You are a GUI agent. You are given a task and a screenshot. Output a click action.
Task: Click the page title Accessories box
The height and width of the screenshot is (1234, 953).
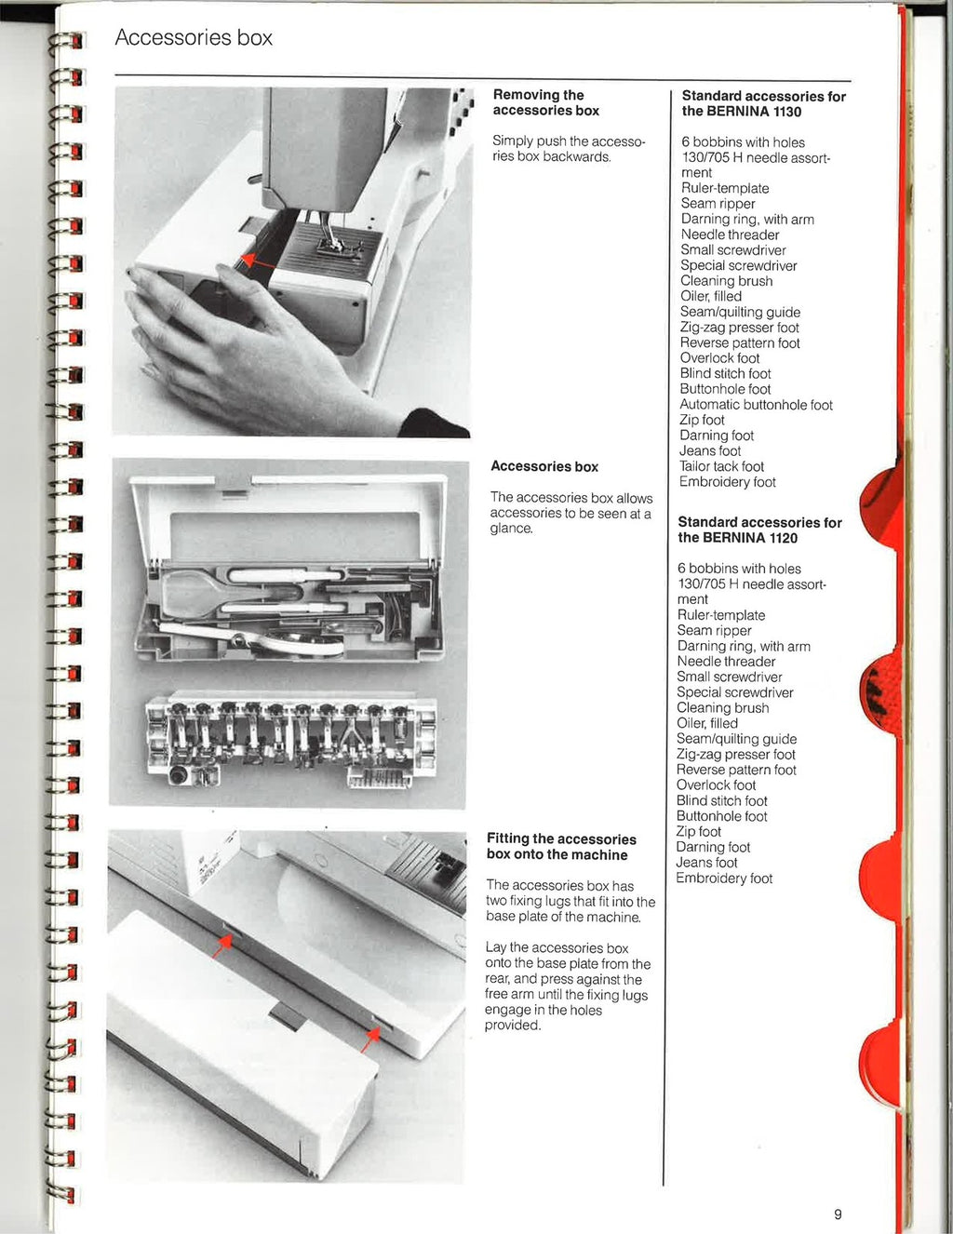tap(194, 38)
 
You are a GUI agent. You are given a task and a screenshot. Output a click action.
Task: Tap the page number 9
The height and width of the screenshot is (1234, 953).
tap(838, 1214)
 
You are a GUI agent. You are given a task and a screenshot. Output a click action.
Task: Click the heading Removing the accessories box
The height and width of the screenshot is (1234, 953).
tap(545, 102)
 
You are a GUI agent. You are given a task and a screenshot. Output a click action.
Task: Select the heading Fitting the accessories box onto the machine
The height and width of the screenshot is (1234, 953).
tap(561, 847)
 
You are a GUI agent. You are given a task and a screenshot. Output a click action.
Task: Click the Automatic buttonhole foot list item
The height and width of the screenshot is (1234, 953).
tap(756, 405)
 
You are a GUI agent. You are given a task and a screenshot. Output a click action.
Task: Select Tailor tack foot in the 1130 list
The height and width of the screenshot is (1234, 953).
tap(721, 466)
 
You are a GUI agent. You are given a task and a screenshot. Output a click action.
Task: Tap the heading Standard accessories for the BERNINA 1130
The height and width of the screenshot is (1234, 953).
tap(763, 103)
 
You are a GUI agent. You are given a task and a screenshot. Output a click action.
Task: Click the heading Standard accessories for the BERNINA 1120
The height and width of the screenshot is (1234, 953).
tap(759, 530)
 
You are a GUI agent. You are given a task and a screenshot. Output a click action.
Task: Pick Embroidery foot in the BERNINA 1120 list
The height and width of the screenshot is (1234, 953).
tap(724, 879)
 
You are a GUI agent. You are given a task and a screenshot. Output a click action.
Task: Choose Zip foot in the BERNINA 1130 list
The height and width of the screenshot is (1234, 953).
tap(702, 420)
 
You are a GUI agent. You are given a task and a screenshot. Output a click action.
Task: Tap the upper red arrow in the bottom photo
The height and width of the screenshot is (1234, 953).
tap(221, 945)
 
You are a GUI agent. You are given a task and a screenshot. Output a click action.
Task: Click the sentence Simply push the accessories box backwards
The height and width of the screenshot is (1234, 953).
tap(568, 149)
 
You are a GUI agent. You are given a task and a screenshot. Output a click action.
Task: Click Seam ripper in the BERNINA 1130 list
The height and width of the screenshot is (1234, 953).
tap(718, 204)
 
